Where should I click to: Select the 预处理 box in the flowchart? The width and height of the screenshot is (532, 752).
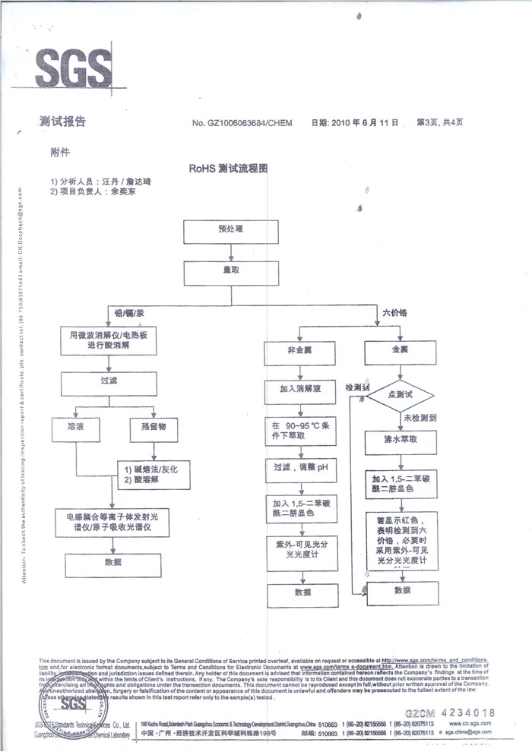click(230, 229)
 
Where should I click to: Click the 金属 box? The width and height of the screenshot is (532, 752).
click(400, 351)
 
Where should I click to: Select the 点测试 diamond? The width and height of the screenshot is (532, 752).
click(400, 395)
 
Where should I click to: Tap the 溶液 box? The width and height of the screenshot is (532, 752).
click(75, 428)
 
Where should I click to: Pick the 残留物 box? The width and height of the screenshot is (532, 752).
click(154, 428)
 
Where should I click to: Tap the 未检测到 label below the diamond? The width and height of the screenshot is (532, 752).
click(419, 418)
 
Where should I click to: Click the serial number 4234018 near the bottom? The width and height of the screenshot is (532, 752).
click(461, 713)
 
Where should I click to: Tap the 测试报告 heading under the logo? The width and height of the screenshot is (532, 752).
click(62, 122)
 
